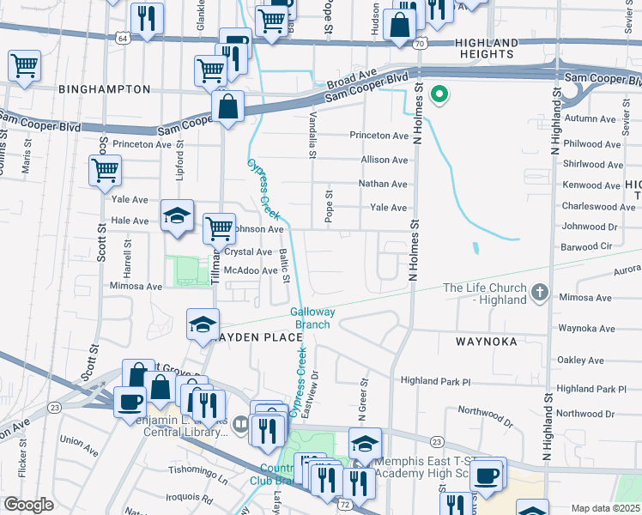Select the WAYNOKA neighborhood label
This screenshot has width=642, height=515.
[x=486, y=341]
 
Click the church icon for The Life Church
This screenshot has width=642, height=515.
[x=539, y=293]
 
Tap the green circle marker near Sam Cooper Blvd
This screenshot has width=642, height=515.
[x=439, y=94]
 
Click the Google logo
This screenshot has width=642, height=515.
[x=28, y=505]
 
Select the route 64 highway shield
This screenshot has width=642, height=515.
[x=124, y=38]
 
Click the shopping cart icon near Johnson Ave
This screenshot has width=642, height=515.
[x=219, y=228]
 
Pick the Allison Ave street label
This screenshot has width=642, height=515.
[x=384, y=160]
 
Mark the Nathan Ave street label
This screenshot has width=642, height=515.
[x=383, y=184]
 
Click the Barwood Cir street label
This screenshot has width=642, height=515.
[x=588, y=245]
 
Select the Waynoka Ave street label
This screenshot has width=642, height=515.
[x=584, y=328]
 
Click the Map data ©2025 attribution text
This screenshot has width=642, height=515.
[x=604, y=508]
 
